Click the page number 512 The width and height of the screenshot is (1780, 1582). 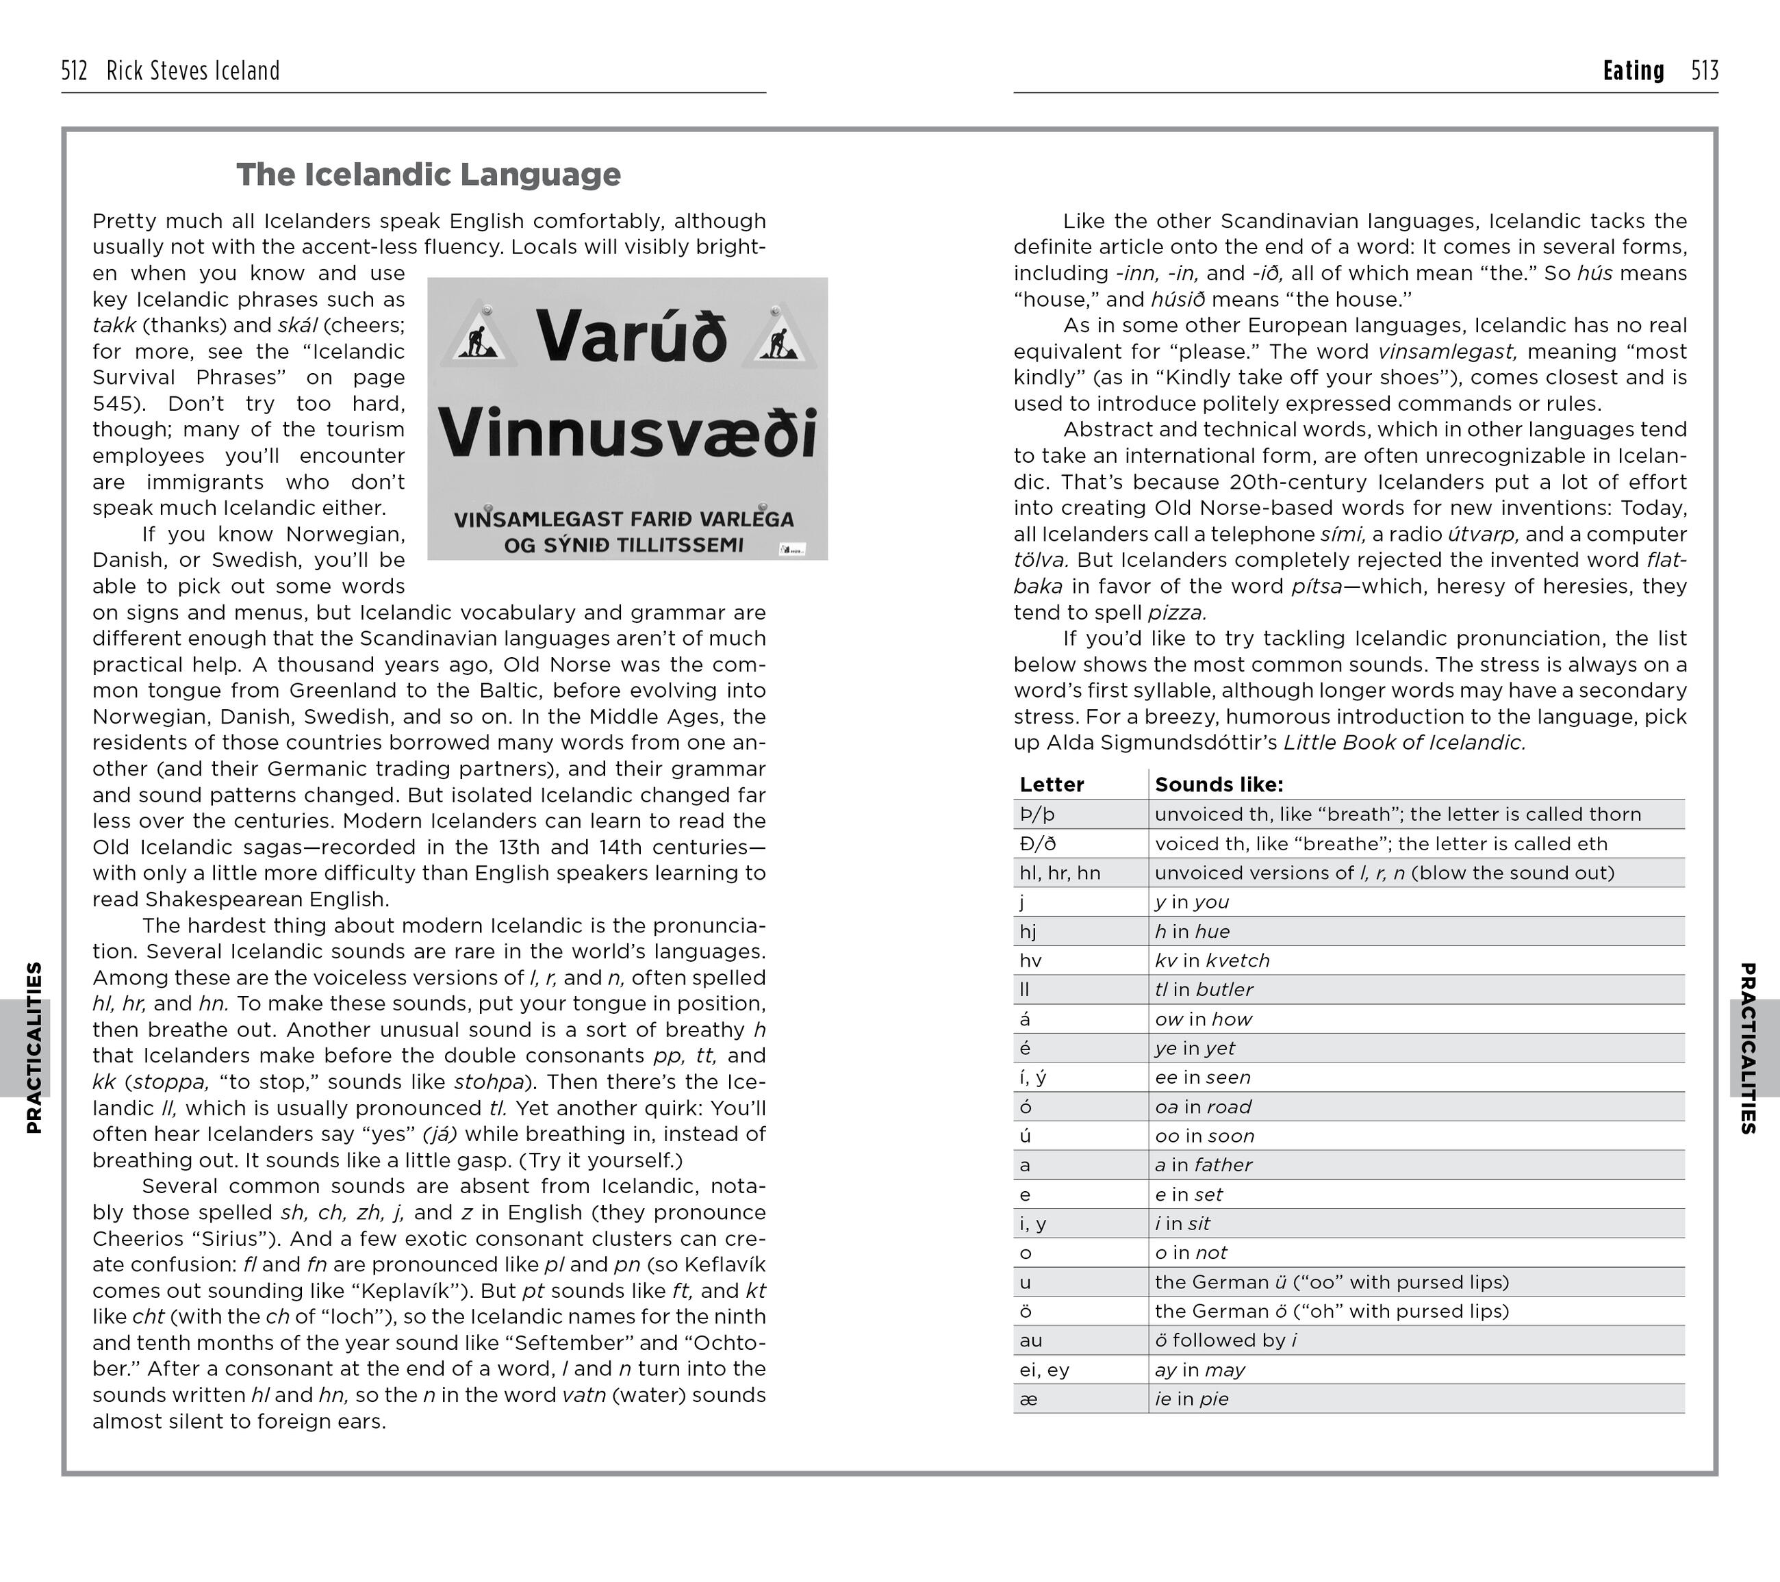(x=75, y=71)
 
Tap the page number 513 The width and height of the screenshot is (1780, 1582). (x=1704, y=71)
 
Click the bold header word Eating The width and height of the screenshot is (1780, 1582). (x=1633, y=71)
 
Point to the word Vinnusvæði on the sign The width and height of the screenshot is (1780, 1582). (x=628, y=433)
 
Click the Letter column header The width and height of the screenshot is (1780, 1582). (x=1051, y=784)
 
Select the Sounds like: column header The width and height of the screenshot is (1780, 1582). (x=1219, y=784)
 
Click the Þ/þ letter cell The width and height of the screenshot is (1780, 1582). (x=1037, y=814)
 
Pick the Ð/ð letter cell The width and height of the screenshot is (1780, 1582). (x=1037, y=843)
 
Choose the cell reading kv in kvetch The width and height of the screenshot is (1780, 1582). (x=1211, y=960)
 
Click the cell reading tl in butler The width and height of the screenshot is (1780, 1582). (x=1204, y=990)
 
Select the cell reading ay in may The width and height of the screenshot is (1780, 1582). (x=1199, y=1370)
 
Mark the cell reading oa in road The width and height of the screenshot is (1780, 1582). (x=1203, y=1107)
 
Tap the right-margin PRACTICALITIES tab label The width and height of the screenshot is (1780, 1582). (x=1747, y=1047)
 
